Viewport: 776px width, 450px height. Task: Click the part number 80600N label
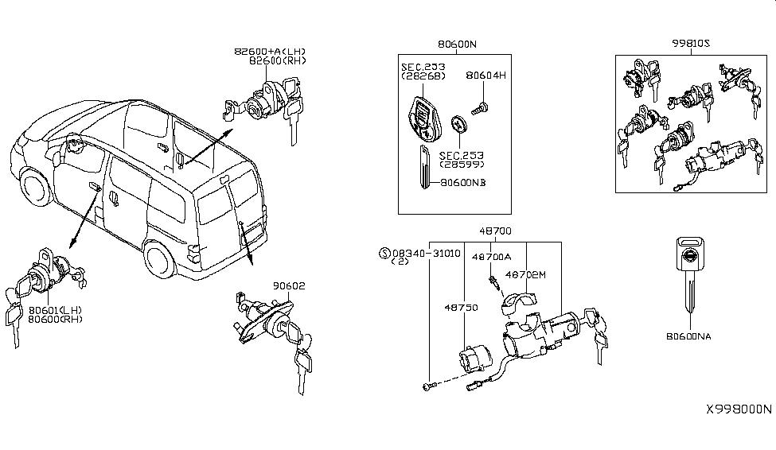pos(455,45)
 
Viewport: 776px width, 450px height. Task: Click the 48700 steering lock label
pos(495,231)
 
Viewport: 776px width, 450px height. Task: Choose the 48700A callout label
pos(492,257)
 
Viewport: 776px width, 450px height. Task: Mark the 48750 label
pos(465,306)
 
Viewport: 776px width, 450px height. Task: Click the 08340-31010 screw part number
pos(427,253)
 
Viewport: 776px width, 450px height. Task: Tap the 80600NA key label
pos(688,336)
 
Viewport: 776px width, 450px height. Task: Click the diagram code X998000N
pos(739,410)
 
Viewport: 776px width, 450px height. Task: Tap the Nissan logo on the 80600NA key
pos(688,258)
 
